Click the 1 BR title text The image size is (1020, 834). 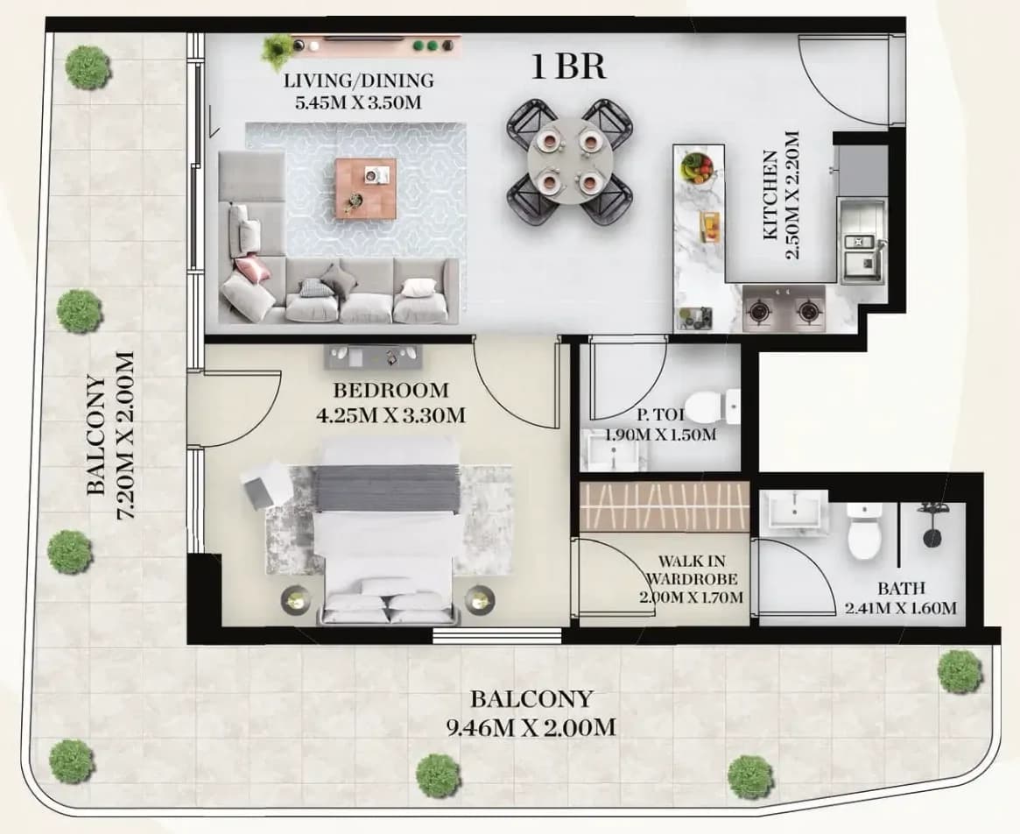568,67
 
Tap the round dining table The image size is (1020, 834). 570,161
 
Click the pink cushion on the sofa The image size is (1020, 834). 253,268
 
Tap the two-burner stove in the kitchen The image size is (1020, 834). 784,308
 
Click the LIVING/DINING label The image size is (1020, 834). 358,81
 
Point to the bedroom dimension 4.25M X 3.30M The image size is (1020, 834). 390,414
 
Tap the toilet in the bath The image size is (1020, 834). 864,531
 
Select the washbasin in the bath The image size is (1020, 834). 793,511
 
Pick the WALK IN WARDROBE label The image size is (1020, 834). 692,569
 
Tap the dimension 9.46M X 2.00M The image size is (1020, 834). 531,726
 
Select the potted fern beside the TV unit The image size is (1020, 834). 279,50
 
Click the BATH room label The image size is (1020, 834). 901,589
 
